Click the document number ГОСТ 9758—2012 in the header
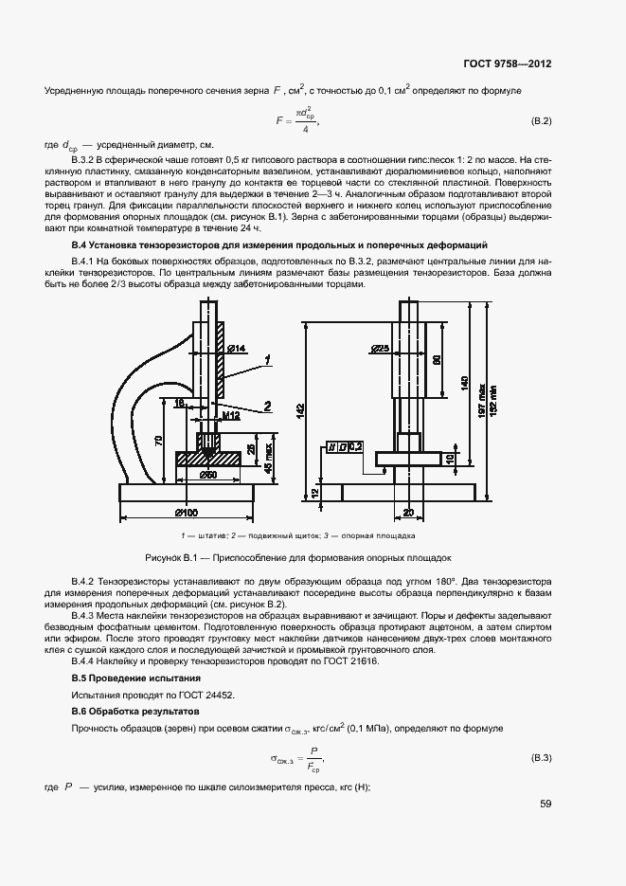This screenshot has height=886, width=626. (507, 64)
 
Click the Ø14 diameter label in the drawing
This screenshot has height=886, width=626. (236, 350)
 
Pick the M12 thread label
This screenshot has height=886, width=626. (230, 414)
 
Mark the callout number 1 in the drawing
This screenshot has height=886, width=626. (269, 359)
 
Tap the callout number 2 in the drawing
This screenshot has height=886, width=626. (268, 406)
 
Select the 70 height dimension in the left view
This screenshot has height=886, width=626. (158, 442)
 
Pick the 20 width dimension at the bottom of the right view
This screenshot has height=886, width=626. (408, 513)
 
